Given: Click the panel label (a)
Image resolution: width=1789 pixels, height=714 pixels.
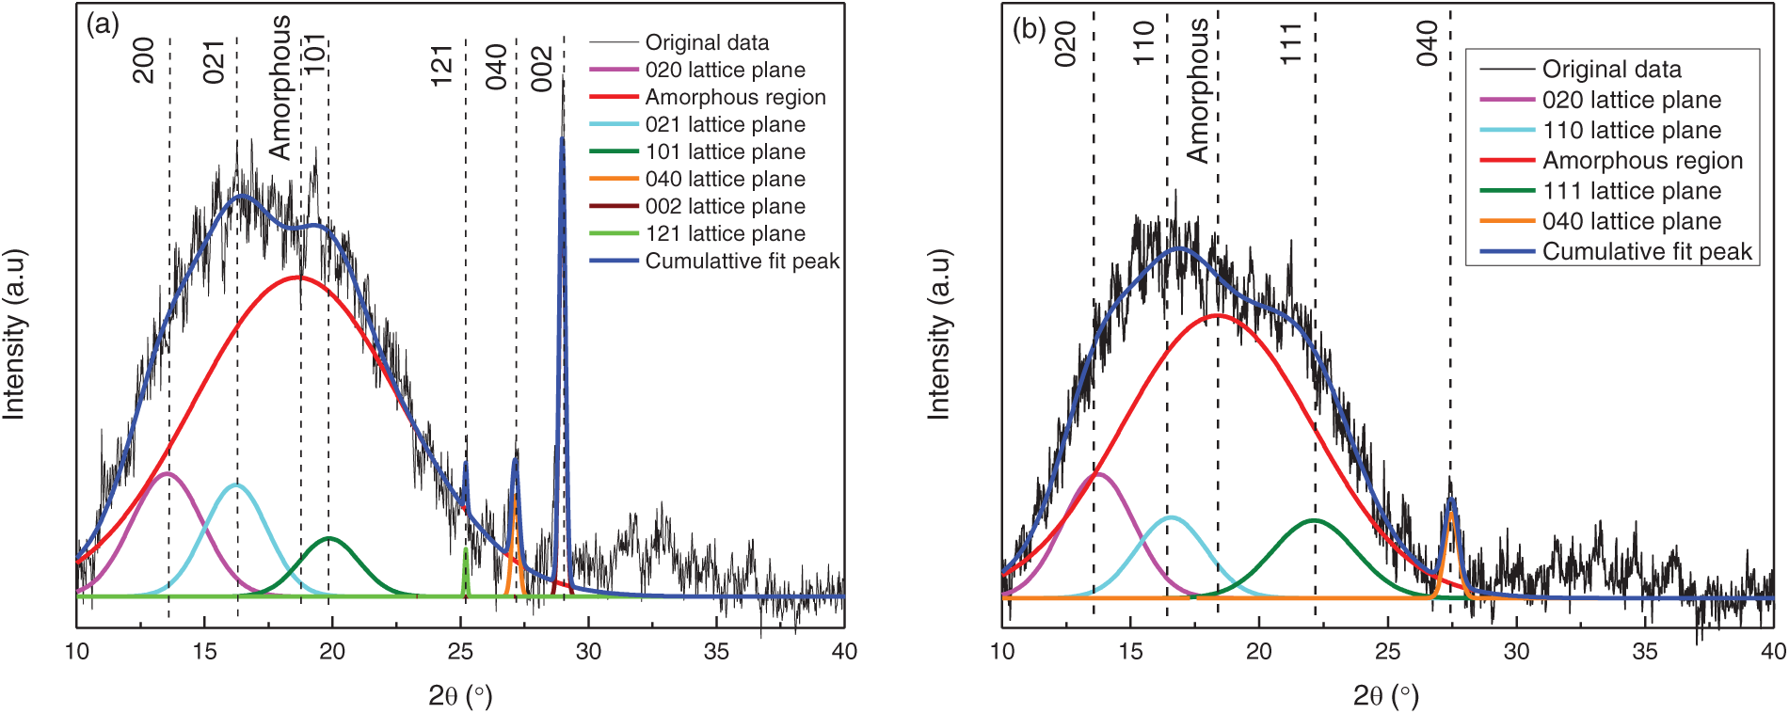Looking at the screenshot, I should pyautogui.click(x=103, y=25).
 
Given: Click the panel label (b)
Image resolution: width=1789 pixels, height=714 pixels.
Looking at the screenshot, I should pyautogui.click(x=1029, y=29).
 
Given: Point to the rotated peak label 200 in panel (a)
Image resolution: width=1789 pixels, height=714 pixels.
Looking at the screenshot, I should pyautogui.click(x=143, y=60).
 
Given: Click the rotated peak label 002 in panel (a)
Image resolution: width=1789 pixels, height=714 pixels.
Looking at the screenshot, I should pyautogui.click(x=542, y=69).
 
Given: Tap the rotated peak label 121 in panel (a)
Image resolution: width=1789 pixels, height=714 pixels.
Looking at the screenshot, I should pyautogui.click(x=442, y=66).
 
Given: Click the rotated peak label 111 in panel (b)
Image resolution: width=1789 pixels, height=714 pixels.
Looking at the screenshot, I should pyautogui.click(x=1290, y=43).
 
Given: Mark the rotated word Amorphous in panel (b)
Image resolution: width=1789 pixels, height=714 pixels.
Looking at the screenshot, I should pyautogui.click(x=1197, y=91).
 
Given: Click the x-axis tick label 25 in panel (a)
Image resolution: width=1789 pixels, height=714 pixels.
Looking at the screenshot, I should pyautogui.click(x=460, y=651).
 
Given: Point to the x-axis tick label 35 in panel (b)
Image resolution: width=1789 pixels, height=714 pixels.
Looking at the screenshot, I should pyautogui.click(x=1644, y=651).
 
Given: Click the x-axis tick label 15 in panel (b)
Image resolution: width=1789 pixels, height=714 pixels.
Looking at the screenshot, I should pyautogui.click(x=1130, y=651).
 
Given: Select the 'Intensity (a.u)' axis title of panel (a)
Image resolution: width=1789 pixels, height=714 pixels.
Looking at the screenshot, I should pyautogui.click(x=14, y=334).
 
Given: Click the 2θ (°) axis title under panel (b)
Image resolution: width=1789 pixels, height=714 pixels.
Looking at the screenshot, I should pyautogui.click(x=1385, y=696).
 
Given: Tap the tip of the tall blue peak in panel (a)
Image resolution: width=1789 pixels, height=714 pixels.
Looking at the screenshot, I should pyautogui.click(x=562, y=139).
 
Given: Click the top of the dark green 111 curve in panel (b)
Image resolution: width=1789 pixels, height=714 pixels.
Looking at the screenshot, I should pyautogui.click(x=1314, y=520).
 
